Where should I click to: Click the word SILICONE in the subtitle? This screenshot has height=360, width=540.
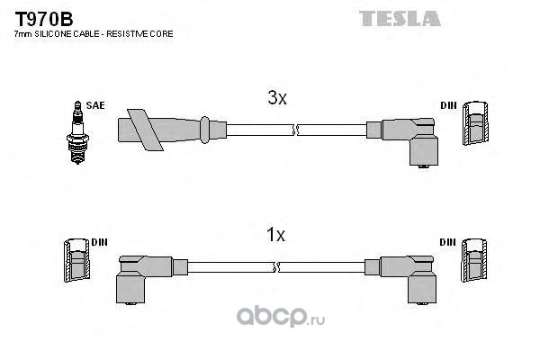(55, 33)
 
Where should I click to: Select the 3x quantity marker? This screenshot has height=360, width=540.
(277, 100)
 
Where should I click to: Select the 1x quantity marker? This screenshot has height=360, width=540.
(275, 236)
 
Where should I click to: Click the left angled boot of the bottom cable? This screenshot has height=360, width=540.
(135, 274)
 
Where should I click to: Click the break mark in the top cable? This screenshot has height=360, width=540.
(294, 130)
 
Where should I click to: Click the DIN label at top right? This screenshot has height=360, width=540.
(448, 105)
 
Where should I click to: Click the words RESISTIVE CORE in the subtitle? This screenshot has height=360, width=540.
(145, 33)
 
